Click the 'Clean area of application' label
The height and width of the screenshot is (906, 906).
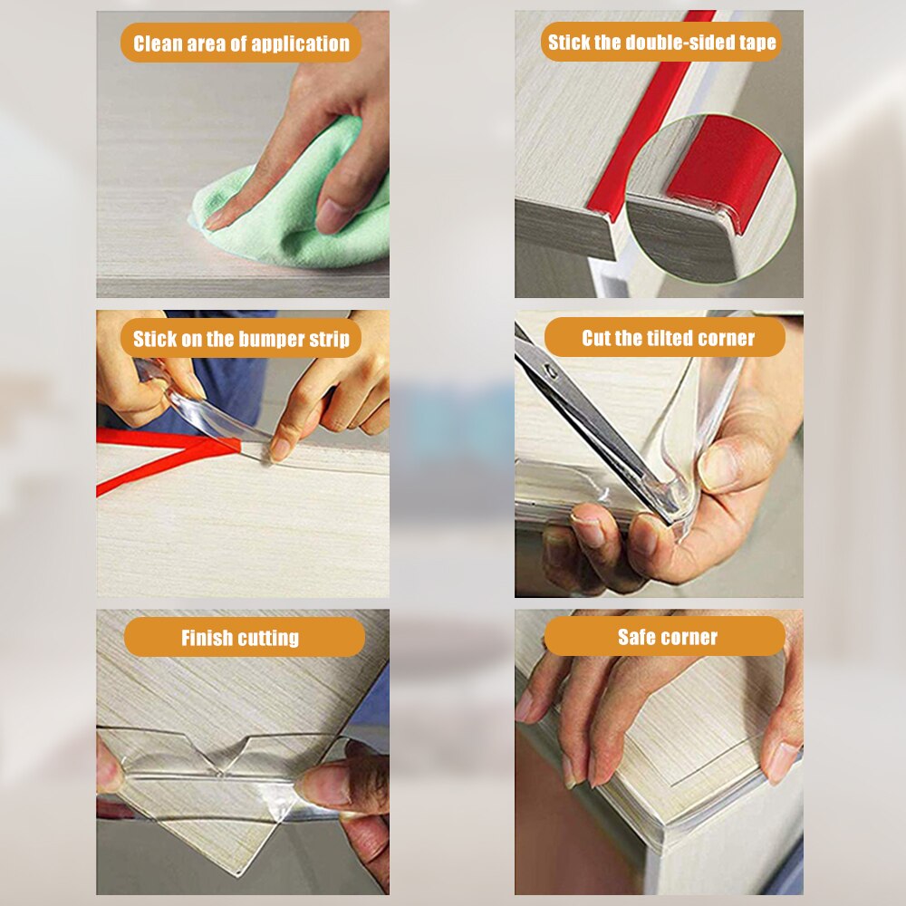[241, 43]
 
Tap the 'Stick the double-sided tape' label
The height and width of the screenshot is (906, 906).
[661, 43]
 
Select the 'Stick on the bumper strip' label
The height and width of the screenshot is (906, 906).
[241, 340]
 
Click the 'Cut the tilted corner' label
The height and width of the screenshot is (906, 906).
[668, 338]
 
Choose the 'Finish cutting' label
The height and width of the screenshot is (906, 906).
[240, 638]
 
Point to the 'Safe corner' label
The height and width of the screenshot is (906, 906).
[667, 637]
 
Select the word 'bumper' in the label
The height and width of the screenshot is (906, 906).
[270, 340]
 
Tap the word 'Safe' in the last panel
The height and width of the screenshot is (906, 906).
[638, 637]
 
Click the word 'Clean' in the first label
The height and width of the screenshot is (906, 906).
[159, 43]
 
